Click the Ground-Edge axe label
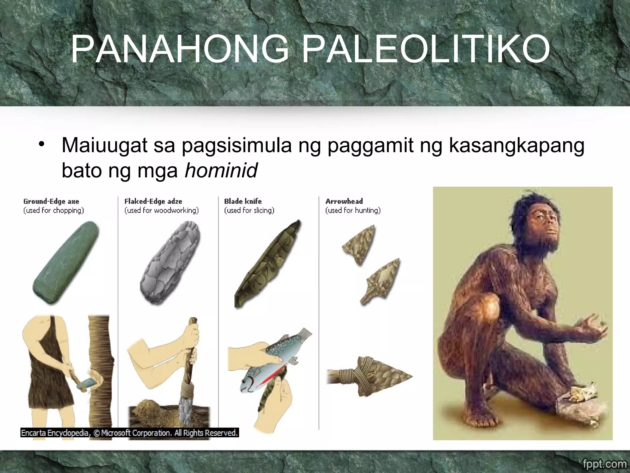[51, 201]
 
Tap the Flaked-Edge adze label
[153, 201]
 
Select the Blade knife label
[243, 201]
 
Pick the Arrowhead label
[344, 201]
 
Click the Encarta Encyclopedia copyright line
[129, 433]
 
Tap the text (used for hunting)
[353, 210]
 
